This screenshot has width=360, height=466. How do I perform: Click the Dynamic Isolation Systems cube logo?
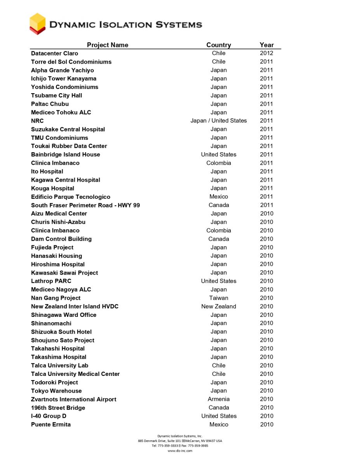38,23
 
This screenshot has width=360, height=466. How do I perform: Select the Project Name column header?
108,45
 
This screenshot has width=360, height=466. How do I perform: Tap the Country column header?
219,45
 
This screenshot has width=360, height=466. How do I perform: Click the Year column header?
267,45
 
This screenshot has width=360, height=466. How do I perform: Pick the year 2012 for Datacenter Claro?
267,53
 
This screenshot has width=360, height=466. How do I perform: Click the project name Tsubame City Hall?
57,96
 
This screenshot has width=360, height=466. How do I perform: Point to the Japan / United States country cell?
219,121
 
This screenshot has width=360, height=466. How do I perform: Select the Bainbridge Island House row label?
66,155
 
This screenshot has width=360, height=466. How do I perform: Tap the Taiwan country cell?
219,298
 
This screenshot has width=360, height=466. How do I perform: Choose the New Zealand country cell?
219,306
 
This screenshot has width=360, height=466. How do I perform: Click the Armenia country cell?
219,399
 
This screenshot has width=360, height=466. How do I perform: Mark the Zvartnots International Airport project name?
74,399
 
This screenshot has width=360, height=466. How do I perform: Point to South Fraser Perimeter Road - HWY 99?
85,205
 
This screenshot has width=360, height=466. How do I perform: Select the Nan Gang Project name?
56,298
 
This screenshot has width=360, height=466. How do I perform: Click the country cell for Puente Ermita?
219,424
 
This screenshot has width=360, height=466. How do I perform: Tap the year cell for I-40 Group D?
267,416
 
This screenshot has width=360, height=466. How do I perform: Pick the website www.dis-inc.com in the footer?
180,451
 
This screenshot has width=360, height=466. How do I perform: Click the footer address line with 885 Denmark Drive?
180,441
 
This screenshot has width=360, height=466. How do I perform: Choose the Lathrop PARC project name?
51,281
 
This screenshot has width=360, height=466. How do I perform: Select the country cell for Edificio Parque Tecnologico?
219,197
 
